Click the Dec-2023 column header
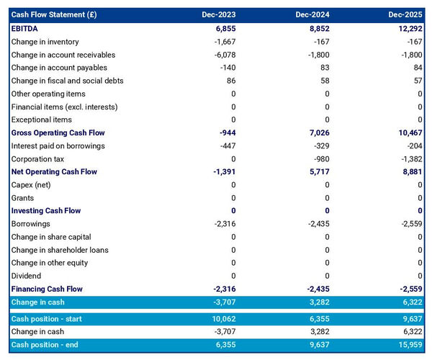[x=219, y=15]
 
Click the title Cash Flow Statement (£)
[x=55, y=15]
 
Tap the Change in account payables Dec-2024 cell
[x=321, y=68]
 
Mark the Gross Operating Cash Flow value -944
[x=225, y=133]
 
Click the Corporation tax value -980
[x=318, y=159]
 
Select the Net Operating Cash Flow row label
[x=54, y=172]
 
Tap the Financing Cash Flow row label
[x=47, y=289]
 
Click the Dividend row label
[x=27, y=276]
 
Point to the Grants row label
[x=23, y=198]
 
